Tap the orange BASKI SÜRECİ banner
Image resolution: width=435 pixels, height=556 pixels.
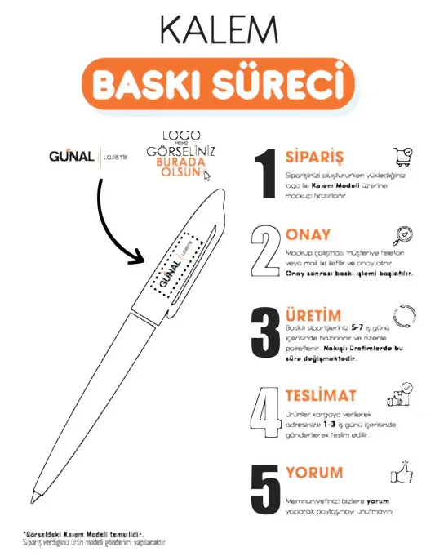pos(217,84)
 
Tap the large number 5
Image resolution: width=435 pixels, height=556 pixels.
pos(267,489)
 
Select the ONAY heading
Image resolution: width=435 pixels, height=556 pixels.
pos(308,235)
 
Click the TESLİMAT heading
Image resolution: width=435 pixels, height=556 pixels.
pos(321,395)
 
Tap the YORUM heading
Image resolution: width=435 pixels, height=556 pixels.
pos(314,472)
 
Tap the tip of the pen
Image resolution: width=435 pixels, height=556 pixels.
pos(35,496)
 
